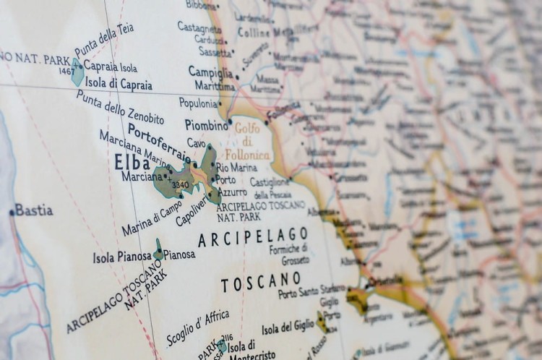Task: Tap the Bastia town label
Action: click(33, 210)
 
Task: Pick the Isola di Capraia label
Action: click(119, 85)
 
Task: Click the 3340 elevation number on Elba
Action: click(181, 185)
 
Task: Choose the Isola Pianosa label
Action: click(122, 257)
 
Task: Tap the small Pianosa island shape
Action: click(158, 250)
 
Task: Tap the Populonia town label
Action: click(198, 103)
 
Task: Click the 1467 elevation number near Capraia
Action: click(66, 71)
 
